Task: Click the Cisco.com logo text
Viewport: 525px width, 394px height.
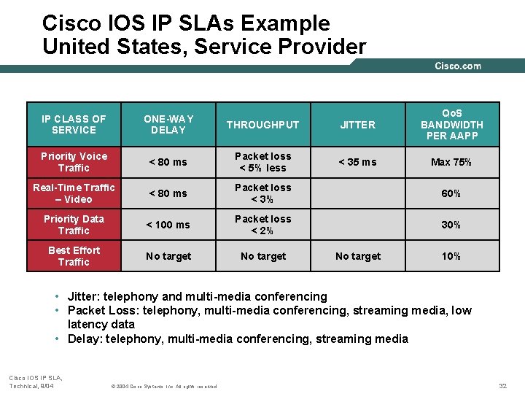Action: click(x=458, y=66)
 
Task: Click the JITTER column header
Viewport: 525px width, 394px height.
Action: click(x=358, y=125)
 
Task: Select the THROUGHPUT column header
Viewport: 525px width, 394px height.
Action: click(x=262, y=125)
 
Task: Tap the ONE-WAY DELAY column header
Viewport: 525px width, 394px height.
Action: click(x=168, y=124)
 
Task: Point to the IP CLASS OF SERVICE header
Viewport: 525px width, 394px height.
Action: click(x=74, y=124)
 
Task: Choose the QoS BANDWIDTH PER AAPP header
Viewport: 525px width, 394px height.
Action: click(x=451, y=124)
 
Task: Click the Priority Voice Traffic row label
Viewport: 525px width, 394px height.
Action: click(x=74, y=162)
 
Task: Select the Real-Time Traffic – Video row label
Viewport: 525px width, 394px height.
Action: click(x=74, y=193)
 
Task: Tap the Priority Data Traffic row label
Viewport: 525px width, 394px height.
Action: click(x=74, y=225)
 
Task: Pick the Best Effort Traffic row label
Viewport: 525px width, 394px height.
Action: click(x=74, y=256)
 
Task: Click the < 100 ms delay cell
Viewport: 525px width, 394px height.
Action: click(x=168, y=225)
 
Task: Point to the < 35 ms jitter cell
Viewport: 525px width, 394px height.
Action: click(x=358, y=162)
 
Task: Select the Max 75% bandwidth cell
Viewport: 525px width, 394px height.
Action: click(x=451, y=162)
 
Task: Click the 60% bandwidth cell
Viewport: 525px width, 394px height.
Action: click(x=451, y=193)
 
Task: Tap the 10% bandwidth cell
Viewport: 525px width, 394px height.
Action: click(x=451, y=256)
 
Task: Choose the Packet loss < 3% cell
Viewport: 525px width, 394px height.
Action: click(x=262, y=193)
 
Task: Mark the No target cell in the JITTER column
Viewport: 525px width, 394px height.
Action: click(x=358, y=256)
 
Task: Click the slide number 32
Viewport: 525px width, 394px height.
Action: click(x=502, y=385)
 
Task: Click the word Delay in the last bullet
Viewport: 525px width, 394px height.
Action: click(x=82, y=339)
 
